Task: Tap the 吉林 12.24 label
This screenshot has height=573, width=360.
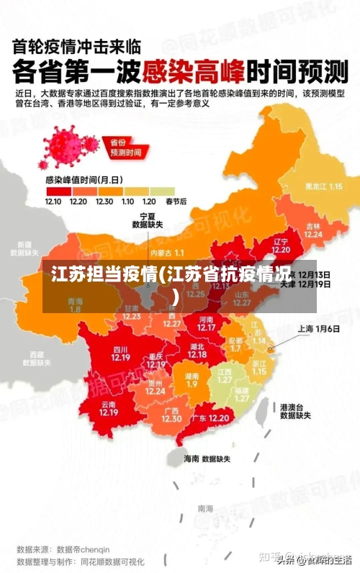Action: tap(312, 229)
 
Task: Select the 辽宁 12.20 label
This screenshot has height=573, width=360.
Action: tap(281, 245)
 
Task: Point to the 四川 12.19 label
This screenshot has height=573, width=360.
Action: tap(120, 353)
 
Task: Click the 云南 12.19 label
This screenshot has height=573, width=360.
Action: tap(108, 408)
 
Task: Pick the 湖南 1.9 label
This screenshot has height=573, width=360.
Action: tap(192, 380)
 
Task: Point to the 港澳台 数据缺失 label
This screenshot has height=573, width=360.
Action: tap(295, 411)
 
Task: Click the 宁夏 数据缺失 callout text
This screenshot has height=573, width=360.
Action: tap(147, 220)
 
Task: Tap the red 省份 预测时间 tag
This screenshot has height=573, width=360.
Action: tap(125, 148)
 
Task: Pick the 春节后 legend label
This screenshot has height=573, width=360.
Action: tap(176, 201)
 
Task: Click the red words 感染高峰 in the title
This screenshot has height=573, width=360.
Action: tap(194, 72)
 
